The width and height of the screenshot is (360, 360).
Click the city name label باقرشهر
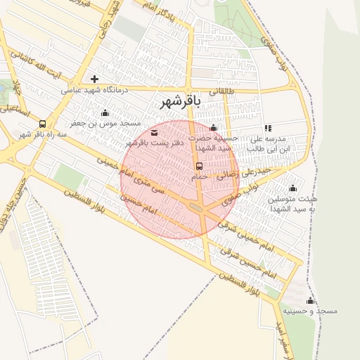181,102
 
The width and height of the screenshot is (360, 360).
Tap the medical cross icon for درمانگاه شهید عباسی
95,79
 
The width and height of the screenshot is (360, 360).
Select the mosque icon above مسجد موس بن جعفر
105,113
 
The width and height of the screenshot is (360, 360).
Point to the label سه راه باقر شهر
44,134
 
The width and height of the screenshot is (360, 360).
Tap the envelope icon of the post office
154,132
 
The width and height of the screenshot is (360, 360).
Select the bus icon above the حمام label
200,167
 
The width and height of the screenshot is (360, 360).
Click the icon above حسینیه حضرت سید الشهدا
214,128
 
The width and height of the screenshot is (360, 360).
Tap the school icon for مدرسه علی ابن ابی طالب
268,128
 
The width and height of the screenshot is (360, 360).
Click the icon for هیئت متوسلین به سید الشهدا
293,188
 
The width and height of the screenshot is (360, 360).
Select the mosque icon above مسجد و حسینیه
310,300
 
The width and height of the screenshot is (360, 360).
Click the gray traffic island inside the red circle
197,207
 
